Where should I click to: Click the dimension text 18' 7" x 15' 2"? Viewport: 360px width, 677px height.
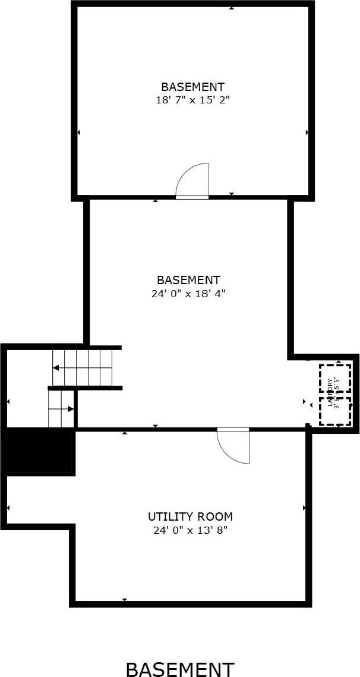[192, 100]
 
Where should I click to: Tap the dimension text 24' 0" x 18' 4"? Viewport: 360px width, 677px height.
[188, 293]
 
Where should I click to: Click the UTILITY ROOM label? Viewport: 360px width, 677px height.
[190, 517]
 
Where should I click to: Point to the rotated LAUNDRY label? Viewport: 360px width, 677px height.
[330, 393]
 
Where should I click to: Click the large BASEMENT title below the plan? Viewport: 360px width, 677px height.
[180, 669]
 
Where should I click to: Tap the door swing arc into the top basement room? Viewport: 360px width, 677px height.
[193, 180]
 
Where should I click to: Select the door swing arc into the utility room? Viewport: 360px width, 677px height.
[233, 445]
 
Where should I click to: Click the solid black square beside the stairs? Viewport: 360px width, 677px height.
[40, 451]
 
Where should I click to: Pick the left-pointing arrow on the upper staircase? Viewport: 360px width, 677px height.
[56, 368]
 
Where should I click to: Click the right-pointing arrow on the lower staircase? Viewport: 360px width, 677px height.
[71, 409]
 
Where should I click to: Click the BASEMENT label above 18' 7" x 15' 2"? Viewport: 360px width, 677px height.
[192, 87]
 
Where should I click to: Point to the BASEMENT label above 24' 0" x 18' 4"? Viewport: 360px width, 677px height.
[188, 279]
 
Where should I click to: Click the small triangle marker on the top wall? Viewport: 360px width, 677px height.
[231, 8]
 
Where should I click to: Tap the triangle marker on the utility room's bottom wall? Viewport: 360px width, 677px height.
[124, 600]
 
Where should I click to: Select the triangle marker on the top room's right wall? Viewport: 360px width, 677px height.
[307, 132]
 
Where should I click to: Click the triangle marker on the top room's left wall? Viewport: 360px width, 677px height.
[79, 132]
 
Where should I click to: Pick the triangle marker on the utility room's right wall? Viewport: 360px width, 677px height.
[304, 508]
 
